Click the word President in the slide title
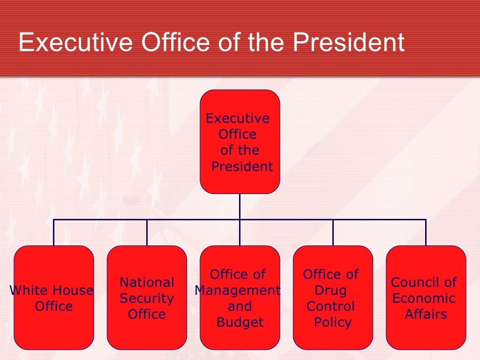point(348,43)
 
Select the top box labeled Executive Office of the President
point(240,142)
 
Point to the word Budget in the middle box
point(240,322)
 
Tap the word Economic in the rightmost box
point(424,299)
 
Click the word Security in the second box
point(147,299)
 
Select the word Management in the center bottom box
point(238,291)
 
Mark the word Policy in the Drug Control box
point(333,322)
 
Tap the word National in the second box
point(147,283)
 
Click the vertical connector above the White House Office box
point(54,232)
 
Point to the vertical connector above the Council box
point(426,232)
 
